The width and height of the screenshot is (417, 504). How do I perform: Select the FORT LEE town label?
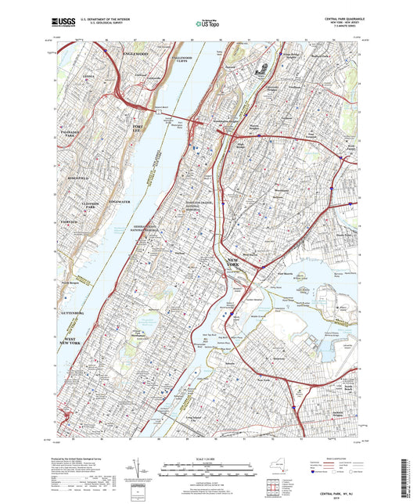pos(138,128)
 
